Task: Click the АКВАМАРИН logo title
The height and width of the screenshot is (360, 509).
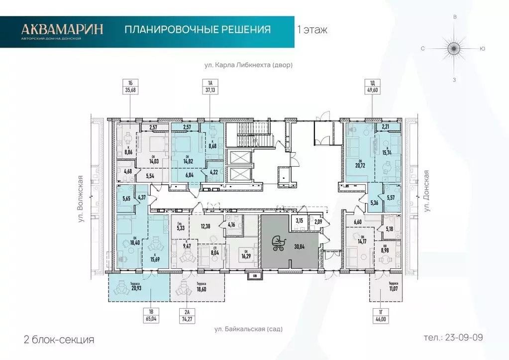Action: click(62, 28)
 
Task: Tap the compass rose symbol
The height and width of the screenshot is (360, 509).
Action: click(453, 49)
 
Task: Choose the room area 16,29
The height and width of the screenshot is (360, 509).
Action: click(245, 254)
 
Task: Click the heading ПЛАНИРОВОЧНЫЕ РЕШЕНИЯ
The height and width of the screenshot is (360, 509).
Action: click(198, 30)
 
